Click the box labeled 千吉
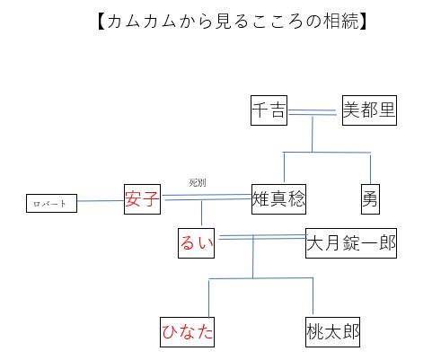point(269,110)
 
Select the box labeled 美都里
point(369,110)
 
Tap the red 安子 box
point(142,199)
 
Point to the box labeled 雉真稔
point(278,199)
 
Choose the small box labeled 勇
point(370,199)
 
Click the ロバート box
point(51,203)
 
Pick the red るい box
point(196,243)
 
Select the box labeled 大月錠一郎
point(351,243)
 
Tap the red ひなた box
point(187,332)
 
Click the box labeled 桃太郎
point(332,332)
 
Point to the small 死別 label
point(198,182)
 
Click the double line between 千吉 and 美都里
point(313,112)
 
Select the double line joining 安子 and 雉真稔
point(207,197)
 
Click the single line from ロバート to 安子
point(101,200)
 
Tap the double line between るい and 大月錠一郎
point(262,237)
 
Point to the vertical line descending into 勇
point(370,169)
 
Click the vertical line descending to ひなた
point(208,298)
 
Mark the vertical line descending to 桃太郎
point(313,295)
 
